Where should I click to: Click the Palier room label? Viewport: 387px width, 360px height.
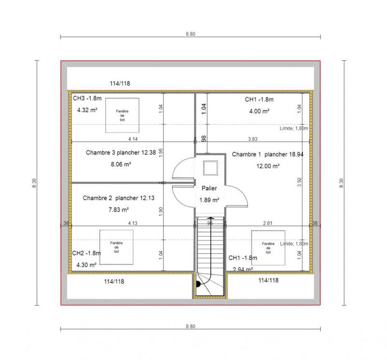tap(210, 189)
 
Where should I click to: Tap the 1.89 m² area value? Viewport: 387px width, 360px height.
tap(209, 200)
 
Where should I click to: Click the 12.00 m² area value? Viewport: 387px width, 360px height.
tap(268, 166)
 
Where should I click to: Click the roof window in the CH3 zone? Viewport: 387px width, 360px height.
tap(122, 115)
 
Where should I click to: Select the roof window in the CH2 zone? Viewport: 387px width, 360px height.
tap(116, 247)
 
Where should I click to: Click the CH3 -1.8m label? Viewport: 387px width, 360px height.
tap(87, 99)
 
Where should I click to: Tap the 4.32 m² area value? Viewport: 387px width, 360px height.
tap(87, 110)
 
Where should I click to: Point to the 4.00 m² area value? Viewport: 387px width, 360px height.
tap(259, 111)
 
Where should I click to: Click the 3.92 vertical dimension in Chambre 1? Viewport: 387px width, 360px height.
tap(299, 182)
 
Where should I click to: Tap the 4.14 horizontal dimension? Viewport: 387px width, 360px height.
tap(133, 139)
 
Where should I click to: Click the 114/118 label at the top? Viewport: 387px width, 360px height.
tap(119, 84)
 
